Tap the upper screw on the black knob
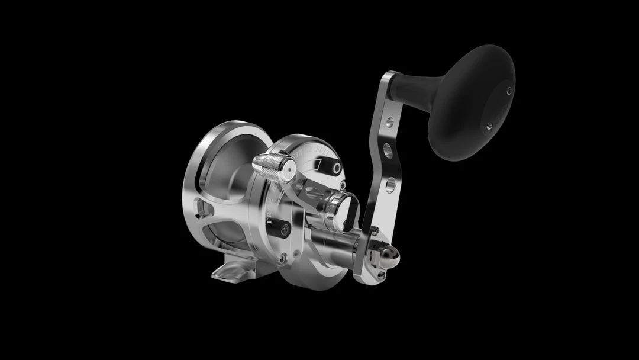coord(509,91)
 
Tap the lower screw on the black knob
coord(489,126)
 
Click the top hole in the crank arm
coord(389,123)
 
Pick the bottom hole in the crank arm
coord(389,188)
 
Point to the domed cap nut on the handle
coord(388,256)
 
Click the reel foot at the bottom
coord(234,270)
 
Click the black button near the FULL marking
coord(337,168)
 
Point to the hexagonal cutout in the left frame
coord(205,208)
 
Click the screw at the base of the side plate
coord(282,258)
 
